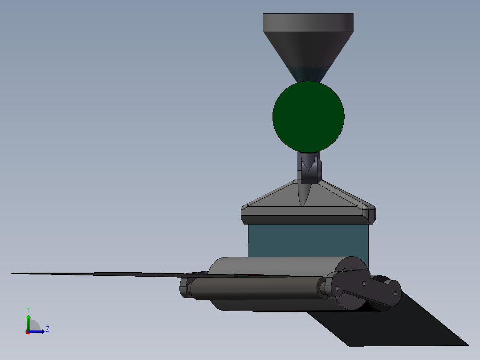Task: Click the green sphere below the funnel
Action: (308, 116)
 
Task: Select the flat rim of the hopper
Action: (308, 22)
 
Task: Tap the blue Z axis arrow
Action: (38, 331)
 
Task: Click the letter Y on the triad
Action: (28, 310)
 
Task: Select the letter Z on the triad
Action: (47, 329)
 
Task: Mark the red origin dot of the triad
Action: (28, 332)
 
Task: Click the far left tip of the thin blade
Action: (13, 273)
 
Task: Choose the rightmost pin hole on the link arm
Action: (395, 293)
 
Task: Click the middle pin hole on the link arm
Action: (364, 282)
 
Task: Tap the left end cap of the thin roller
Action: (184, 287)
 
